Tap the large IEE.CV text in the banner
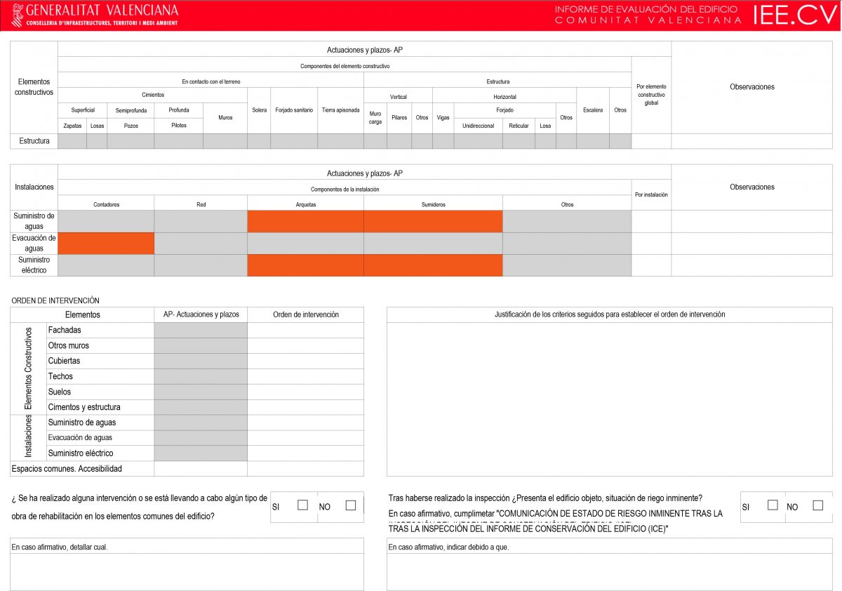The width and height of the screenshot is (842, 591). [795, 15]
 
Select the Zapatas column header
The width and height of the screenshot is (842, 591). [72, 126]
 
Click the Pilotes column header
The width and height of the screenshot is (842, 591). [179, 126]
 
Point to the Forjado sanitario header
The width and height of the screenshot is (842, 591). [294, 110]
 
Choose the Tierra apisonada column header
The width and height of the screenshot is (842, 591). [340, 110]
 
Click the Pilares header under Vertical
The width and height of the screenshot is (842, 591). [399, 118]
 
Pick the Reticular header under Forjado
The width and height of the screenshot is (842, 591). [519, 126]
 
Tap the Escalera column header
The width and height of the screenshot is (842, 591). [593, 110]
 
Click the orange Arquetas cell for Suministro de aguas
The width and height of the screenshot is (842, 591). [305, 221]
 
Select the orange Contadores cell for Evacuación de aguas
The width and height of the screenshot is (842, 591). [106, 244]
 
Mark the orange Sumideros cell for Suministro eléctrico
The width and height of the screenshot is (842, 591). [433, 265]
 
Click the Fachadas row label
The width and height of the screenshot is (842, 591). [65, 330]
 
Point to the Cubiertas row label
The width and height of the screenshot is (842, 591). [64, 361]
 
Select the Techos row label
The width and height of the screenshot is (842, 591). [60, 376]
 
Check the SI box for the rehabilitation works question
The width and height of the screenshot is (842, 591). [303, 505]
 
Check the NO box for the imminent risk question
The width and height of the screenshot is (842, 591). [817, 505]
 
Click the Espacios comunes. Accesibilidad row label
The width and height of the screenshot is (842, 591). [67, 468]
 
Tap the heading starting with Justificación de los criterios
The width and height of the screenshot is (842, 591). [609, 314]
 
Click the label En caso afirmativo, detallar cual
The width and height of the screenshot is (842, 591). [60, 547]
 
